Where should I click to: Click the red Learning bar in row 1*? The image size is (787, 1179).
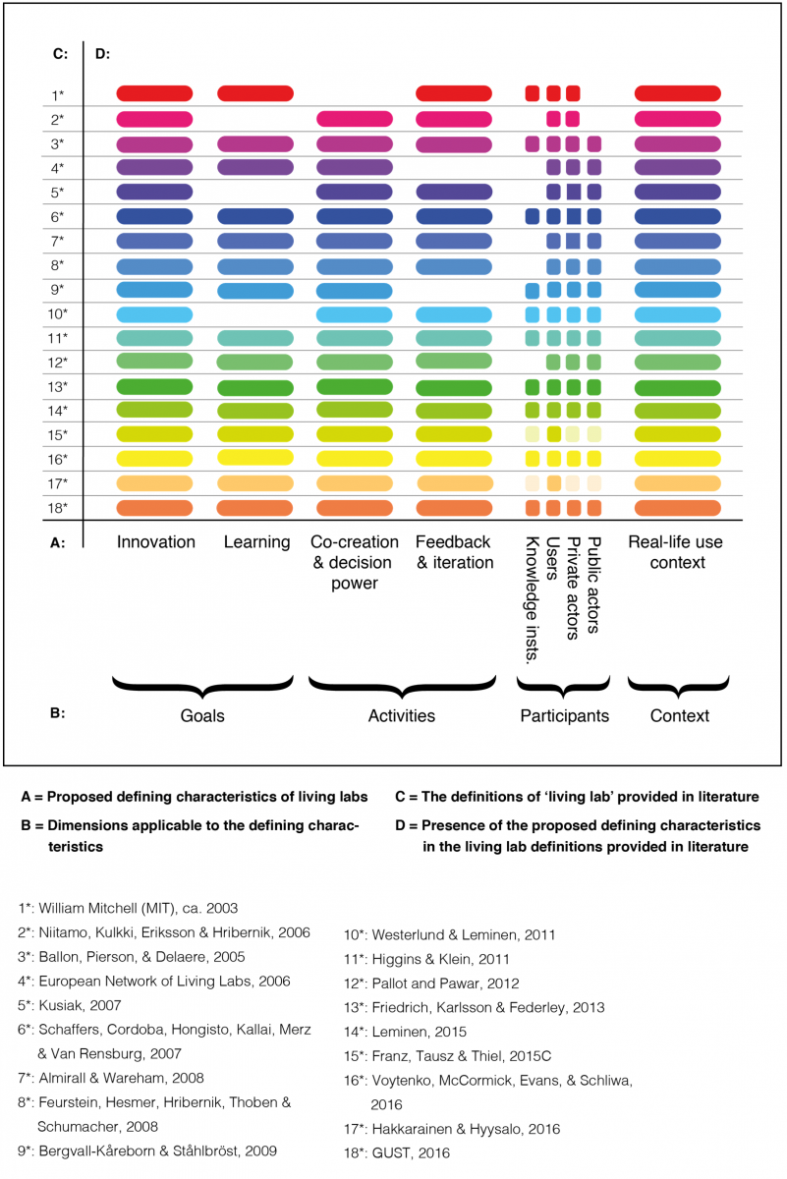255,93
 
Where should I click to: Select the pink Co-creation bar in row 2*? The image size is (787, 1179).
355,119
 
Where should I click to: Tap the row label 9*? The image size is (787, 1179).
57,290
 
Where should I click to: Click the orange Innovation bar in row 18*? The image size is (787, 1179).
154,508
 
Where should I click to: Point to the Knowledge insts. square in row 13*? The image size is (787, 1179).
533,387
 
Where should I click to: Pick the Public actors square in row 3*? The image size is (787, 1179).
594,143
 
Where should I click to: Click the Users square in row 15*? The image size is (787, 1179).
554,434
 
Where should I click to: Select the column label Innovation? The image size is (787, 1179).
156,541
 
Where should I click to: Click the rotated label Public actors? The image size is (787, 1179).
593,585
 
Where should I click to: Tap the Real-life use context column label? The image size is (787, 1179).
676,552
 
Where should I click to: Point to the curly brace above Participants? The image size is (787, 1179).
564,687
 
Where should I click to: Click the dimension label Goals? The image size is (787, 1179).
202,716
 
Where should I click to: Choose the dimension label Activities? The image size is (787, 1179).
402,716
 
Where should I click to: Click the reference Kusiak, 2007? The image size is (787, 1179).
70,1005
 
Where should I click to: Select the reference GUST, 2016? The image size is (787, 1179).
397,1153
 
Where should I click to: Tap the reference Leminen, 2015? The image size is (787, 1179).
405,1032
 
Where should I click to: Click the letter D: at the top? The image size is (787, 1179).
102,54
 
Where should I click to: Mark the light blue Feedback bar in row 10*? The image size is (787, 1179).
454,314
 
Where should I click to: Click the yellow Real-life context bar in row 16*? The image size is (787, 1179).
678,459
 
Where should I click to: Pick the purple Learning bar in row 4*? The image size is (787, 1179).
255,167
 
